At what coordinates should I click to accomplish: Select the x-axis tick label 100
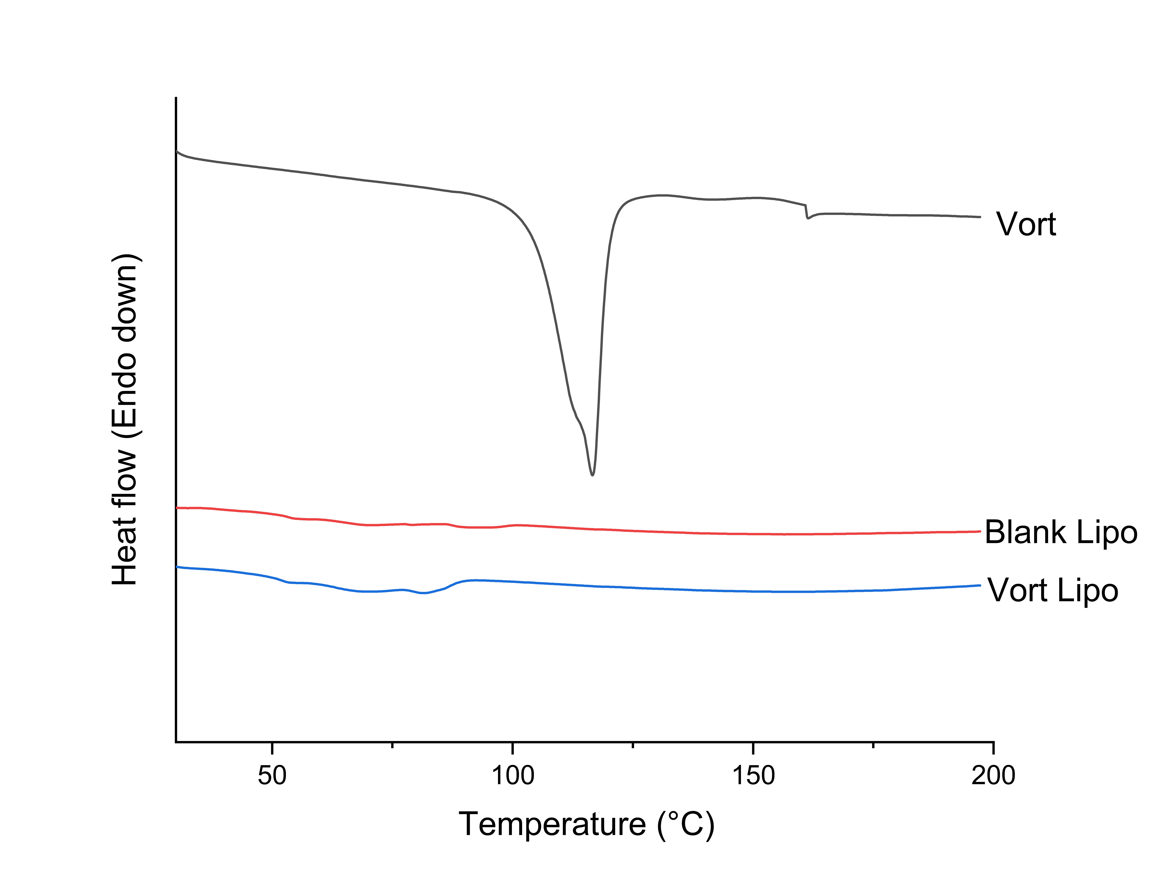click(513, 775)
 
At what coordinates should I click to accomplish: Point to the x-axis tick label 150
click(753, 775)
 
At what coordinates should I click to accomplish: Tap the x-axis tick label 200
click(993, 775)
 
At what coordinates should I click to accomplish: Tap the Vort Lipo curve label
click(1053, 590)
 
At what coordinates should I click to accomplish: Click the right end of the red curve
click(980, 531)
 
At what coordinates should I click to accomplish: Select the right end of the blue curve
click(980, 585)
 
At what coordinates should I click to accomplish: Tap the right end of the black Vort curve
click(980, 217)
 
